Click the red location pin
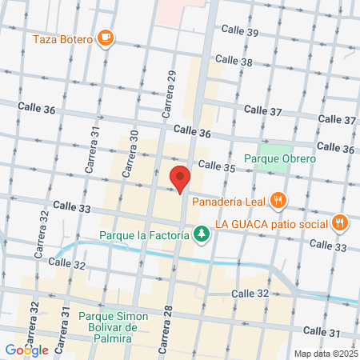point(180,179)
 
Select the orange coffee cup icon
point(105,37)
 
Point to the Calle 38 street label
point(234,61)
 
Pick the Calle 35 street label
point(217,166)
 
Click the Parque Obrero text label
point(280,158)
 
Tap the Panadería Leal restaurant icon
point(278,200)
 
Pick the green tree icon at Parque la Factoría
point(202,235)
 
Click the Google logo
point(27,350)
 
